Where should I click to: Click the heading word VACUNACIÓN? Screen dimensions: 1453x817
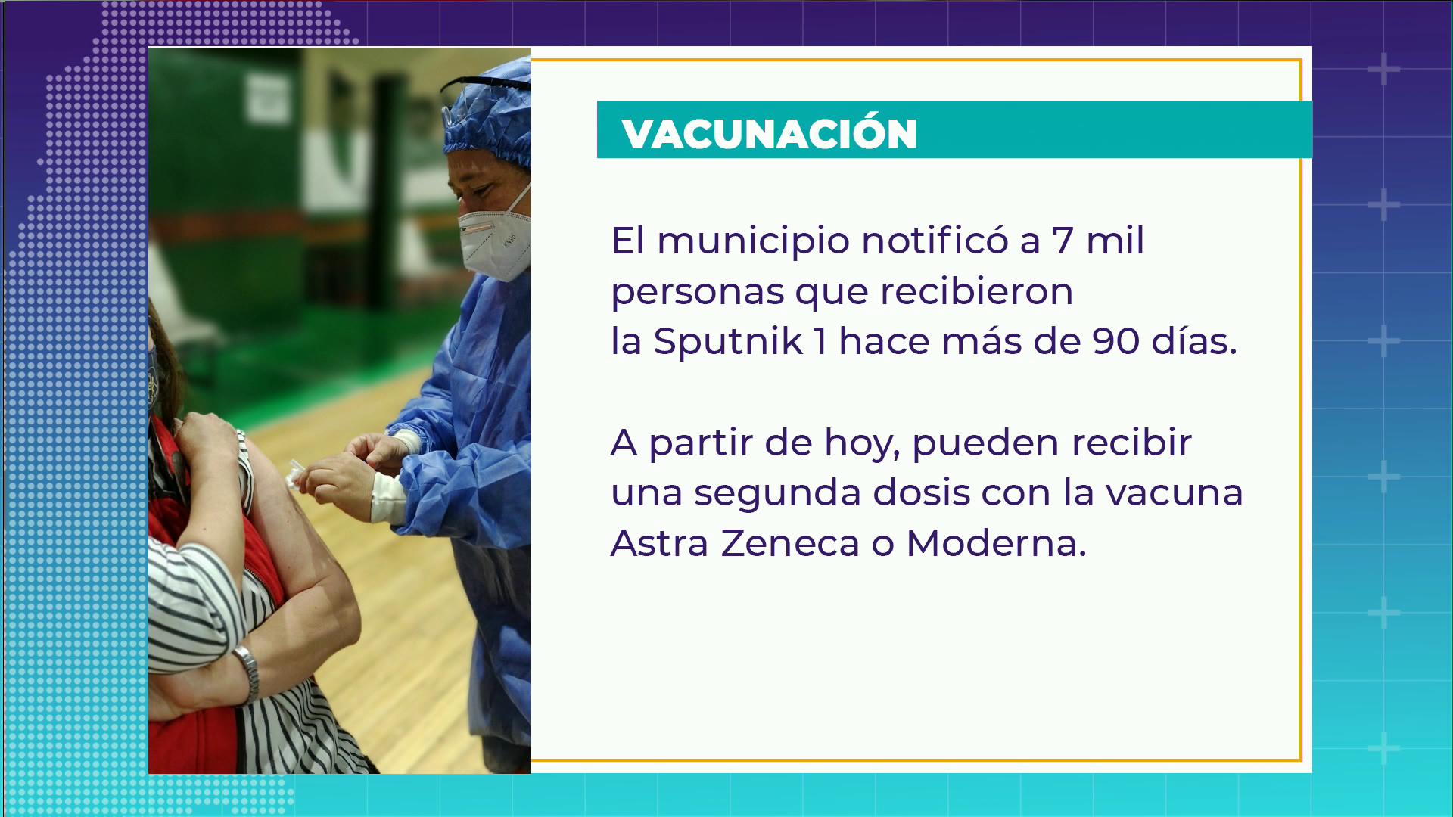(770, 133)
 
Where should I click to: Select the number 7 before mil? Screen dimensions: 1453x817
(1063, 241)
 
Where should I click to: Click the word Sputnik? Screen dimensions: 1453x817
(728, 340)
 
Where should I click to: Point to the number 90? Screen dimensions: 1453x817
(1115, 341)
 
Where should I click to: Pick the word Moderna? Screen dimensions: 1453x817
(996, 542)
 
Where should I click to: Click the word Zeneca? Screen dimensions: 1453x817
(790, 542)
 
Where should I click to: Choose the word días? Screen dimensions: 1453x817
(1194, 340)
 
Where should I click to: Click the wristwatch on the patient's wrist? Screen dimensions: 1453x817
(247, 671)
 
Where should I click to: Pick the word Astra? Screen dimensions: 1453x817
(659, 542)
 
